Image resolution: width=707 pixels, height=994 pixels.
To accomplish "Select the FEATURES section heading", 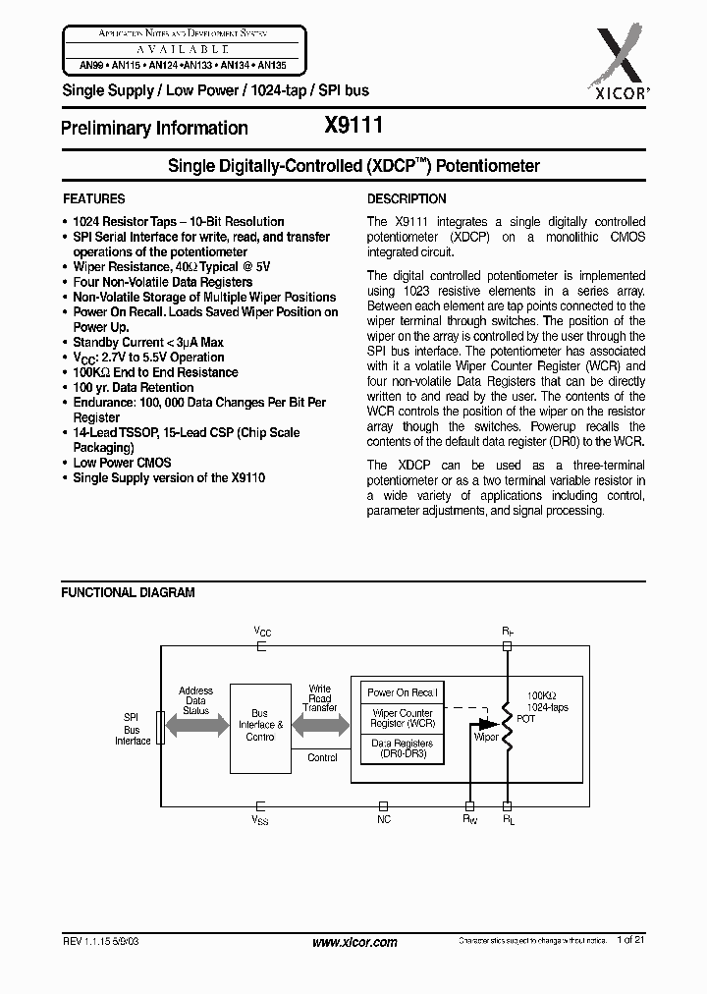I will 93,198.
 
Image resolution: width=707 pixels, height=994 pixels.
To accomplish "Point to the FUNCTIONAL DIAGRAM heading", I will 128,592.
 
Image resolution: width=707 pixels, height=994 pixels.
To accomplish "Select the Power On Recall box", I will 402,692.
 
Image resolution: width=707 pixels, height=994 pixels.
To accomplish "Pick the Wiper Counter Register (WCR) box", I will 402,718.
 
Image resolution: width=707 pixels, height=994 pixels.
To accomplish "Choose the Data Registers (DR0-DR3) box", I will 402,749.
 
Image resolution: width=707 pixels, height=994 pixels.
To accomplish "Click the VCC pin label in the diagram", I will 261,631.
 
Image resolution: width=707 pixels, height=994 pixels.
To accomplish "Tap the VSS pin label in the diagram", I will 260,817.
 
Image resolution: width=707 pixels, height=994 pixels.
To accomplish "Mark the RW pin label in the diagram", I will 469,817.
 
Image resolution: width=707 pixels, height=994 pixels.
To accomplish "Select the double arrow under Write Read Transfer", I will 321,727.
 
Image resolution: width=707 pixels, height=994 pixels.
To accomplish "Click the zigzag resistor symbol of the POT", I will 508,726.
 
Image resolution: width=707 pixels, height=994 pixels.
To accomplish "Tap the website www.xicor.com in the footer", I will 353,942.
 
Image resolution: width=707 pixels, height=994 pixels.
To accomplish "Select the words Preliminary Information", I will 154,128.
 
